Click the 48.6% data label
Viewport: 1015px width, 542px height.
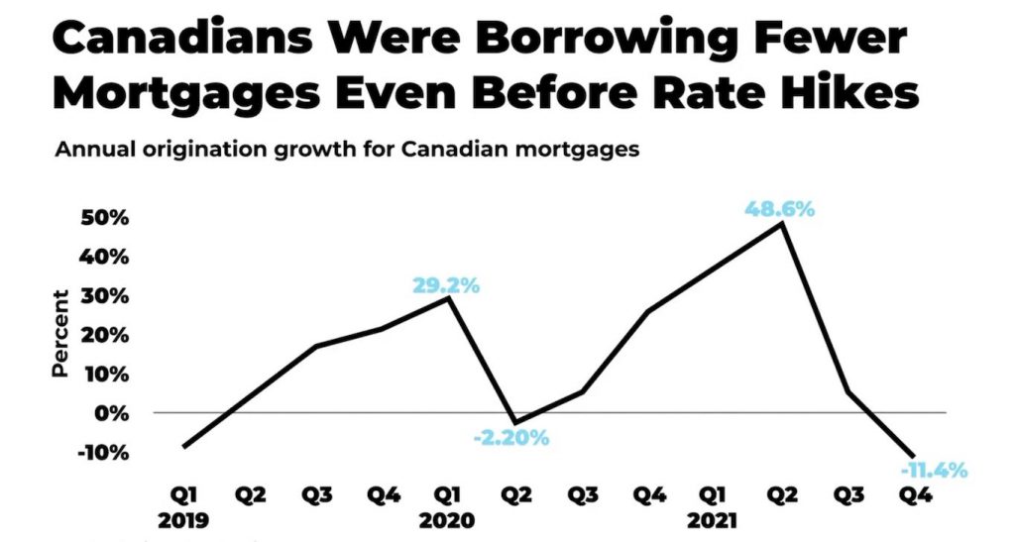780,209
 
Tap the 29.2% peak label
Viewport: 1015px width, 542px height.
445,285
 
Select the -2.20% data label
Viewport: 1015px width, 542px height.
509,436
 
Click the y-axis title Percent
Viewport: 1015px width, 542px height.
60,333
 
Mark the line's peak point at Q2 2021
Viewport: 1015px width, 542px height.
783,224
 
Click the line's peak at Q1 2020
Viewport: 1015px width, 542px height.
450,297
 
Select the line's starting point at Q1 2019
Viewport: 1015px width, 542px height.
184,447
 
